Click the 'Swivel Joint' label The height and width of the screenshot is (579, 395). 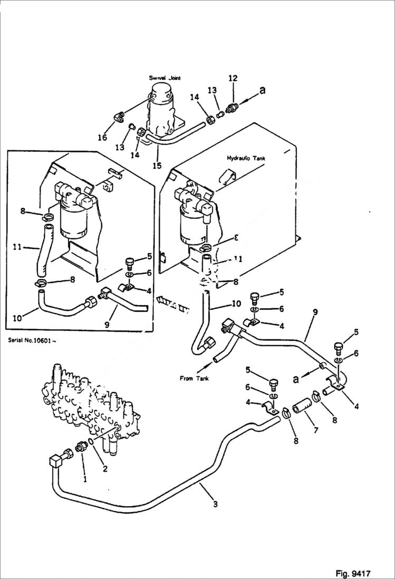coord(165,78)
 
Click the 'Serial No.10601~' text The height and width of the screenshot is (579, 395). coord(32,340)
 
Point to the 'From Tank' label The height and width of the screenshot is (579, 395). coord(194,378)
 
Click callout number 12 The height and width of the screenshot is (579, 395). coord(233,78)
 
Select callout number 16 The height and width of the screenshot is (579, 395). coord(102,137)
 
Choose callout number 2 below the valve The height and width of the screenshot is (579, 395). coord(105,469)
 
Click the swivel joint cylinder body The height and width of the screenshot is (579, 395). coord(163,110)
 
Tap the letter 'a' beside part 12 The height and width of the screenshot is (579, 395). coord(262,91)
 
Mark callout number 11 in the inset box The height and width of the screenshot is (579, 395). coord(16,246)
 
